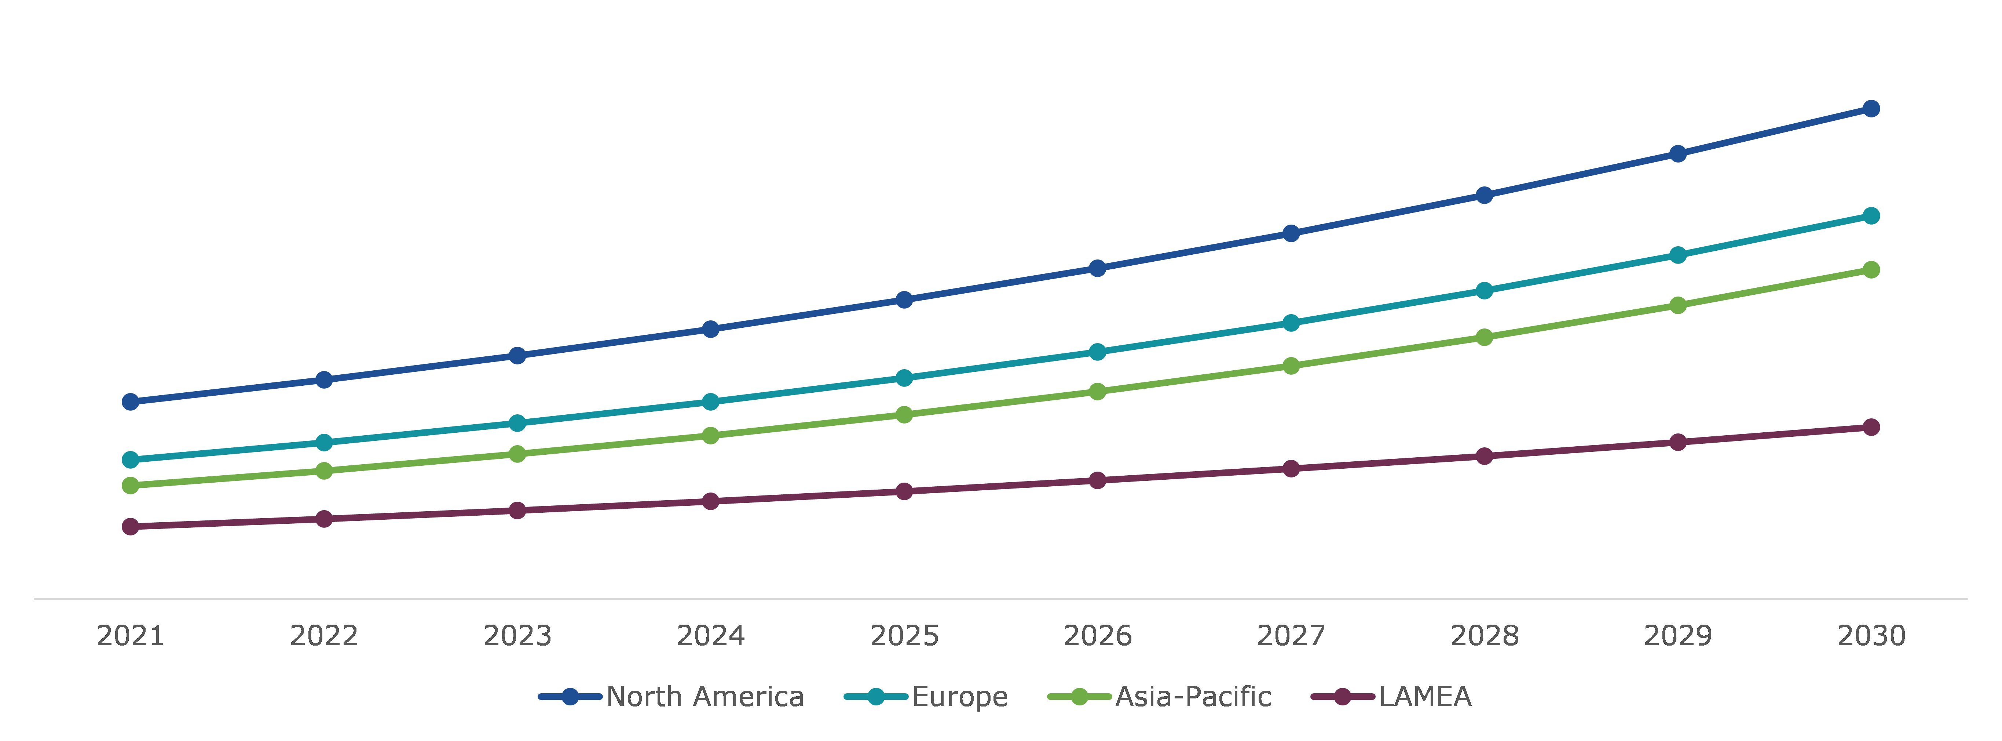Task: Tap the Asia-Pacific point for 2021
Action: (131, 485)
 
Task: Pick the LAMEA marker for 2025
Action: (904, 491)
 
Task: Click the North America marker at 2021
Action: (131, 401)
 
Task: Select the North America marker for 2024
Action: (710, 329)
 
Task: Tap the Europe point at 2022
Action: (324, 442)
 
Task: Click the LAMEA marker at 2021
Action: (131, 526)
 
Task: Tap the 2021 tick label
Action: (131, 636)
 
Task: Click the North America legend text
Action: (705, 697)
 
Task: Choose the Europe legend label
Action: (960, 697)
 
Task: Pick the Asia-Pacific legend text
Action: (1193, 697)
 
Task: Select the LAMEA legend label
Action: (1424, 697)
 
